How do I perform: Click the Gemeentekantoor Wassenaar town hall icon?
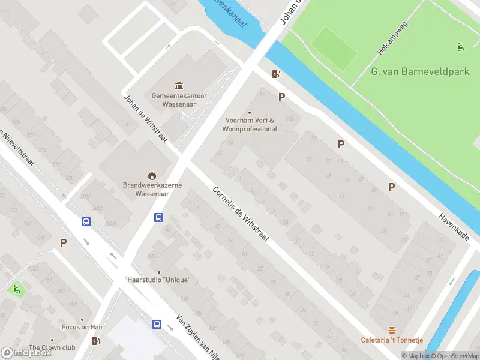tap(179, 86)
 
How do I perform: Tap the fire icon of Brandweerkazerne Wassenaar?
tap(152, 176)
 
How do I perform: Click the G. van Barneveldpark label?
tap(419, 71)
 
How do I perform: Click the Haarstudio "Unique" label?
tap(158, 280)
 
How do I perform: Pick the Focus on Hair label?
tap(82, 327)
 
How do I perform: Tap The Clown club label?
tap(52, 347)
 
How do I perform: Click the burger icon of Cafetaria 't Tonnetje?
tap(392, 330)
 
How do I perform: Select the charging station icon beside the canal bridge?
tap(276, 74)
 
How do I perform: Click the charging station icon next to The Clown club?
tap(95, 341)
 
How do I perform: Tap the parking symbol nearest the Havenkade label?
tap(391, 187)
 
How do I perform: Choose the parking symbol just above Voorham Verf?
tap(281, 97)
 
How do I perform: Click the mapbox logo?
tap(26, 352)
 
